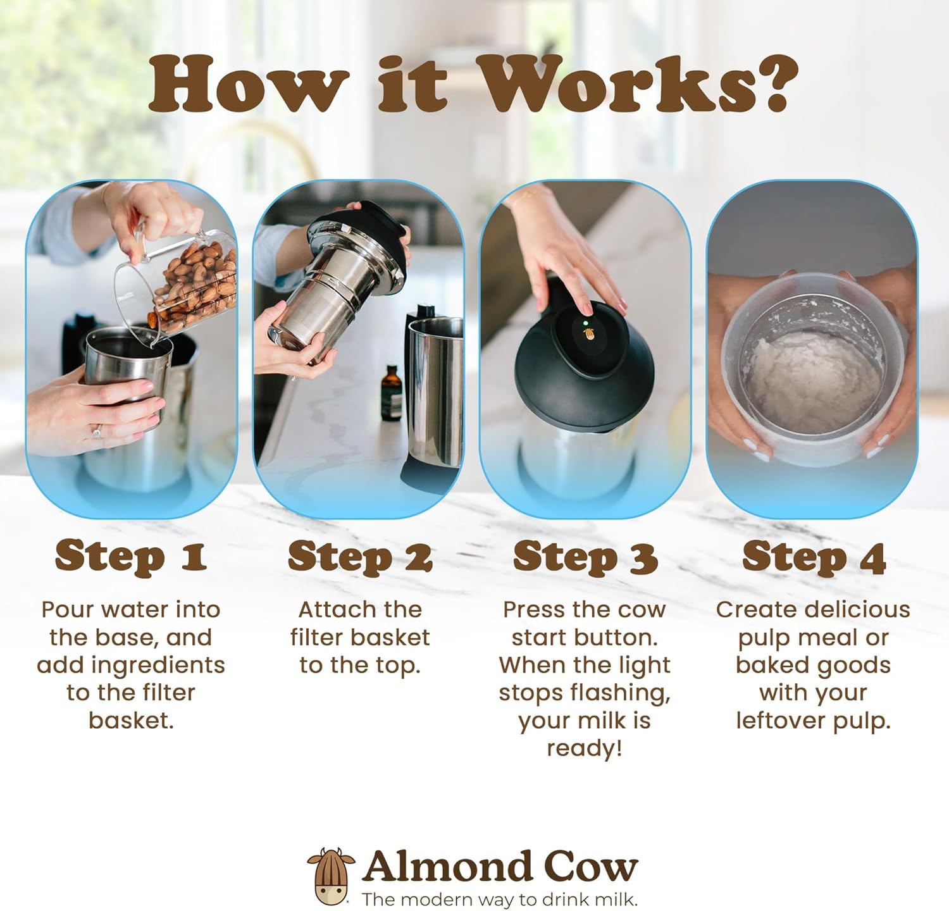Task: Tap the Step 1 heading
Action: (x=131, y=557)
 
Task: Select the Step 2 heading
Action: (x=360, y=557)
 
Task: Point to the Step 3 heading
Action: (x=585, y=557)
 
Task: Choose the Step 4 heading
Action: (x=814, y=557)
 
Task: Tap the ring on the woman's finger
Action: (x=97, y=433)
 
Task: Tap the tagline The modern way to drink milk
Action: (x=500, y=899)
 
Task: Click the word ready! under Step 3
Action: (x=585, y=748)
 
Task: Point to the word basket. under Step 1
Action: (x=131, y=720)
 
